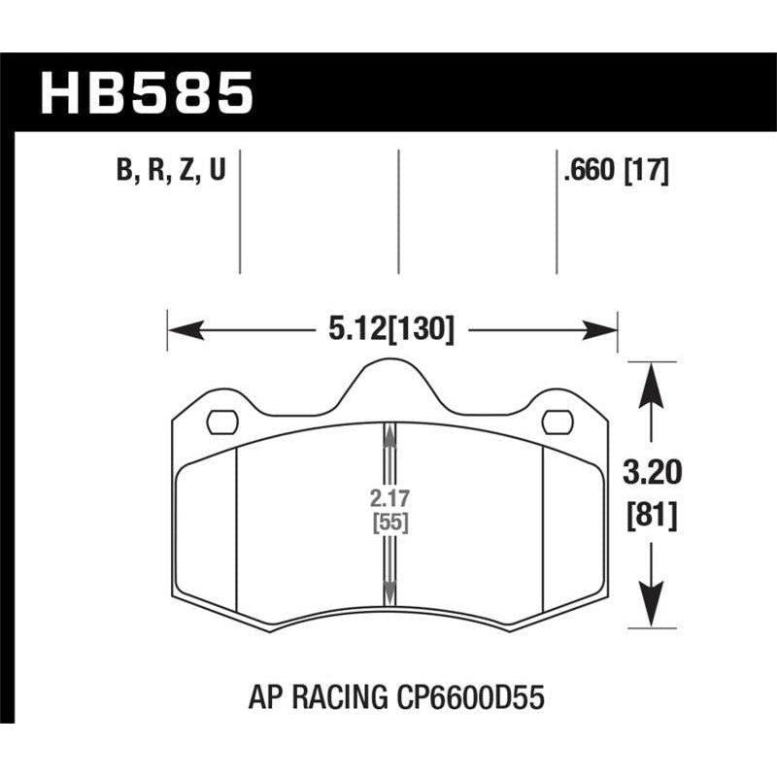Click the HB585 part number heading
pyautogui.click(x=146, y=94)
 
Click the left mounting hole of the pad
pyautogui.click(x=223, y=422)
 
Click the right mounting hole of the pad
pyautogui.click(x=557, y=422)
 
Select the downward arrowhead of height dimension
pyautogui.click(x=650, y=607)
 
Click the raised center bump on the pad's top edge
pyautogui.click(x=389, y=374)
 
